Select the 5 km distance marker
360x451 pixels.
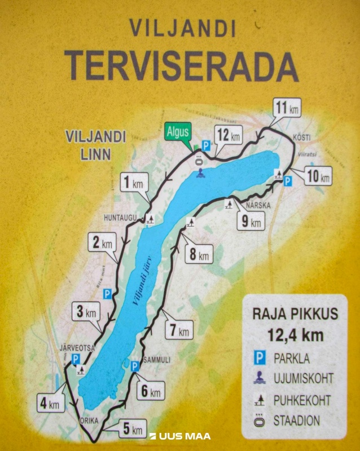click(132, 429)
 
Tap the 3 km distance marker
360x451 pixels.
click(86, 312)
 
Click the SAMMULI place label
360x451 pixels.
click(155, 359)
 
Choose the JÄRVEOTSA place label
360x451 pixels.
click(77, 348)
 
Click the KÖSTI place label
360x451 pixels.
click(302, 138)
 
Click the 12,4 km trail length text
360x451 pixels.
click(296, 335)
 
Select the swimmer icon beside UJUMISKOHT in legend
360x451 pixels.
click(258, 378)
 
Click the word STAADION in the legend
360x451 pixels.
click(297, 421)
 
